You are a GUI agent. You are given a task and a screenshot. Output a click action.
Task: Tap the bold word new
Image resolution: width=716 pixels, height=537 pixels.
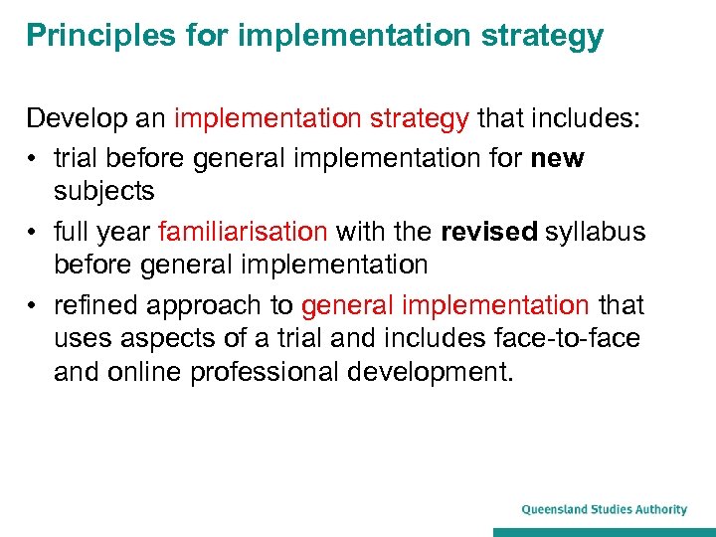coord(560,159)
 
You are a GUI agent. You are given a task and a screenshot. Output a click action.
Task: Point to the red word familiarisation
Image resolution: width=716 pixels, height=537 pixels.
coord(243,233)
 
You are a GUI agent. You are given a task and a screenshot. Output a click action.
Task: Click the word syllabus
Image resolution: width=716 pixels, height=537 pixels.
coord(596,233)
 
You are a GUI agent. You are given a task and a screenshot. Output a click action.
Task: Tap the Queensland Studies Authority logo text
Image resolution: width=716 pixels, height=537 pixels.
coord(605,509)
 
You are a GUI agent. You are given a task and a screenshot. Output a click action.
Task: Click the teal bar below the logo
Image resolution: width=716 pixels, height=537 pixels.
coord(605,531)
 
